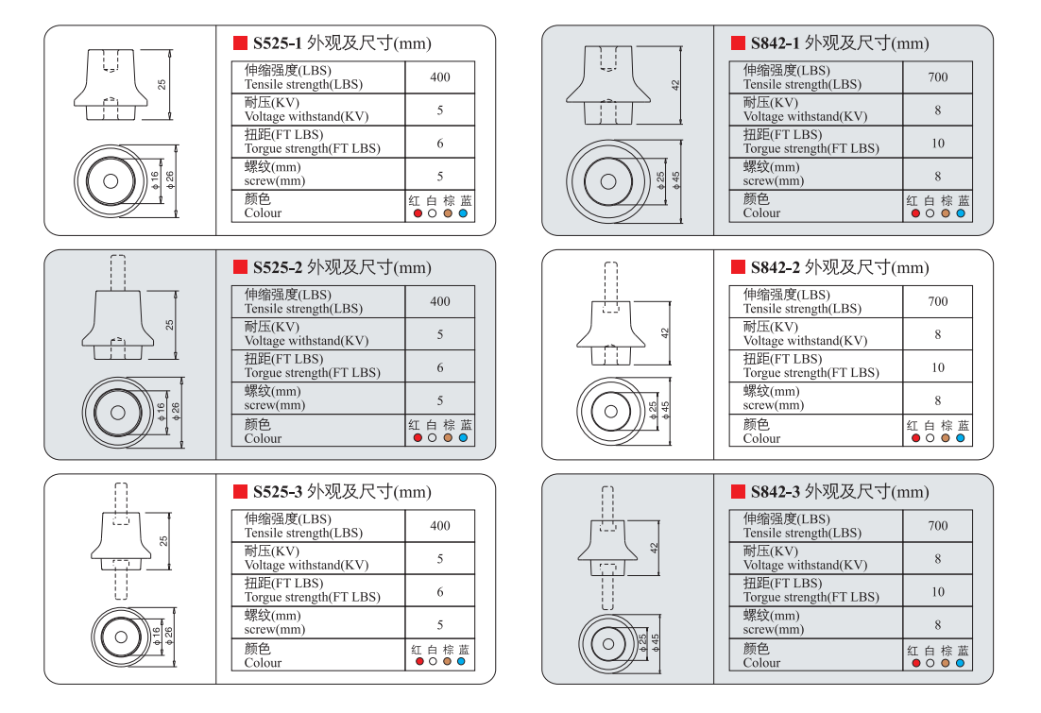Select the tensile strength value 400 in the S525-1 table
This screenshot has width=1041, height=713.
click(x=440, y=77)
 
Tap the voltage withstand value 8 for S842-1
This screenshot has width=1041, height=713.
click(x=937, y=110)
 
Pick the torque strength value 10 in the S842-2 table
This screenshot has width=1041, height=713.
click(x=937, y=367)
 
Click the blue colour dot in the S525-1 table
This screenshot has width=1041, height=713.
click(x=463, y=213)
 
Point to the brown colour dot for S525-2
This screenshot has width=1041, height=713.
click(x=448, y=438)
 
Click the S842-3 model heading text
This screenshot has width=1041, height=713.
click(x=775, y=492)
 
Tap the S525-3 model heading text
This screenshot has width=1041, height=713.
click(x=277, y=492)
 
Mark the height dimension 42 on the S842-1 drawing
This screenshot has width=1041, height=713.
click(x=675, y=84)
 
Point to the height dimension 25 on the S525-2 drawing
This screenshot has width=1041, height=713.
click(x=170, y=324)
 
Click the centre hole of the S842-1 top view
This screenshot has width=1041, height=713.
click(x=608, y=181)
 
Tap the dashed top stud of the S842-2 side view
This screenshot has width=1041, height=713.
click(x=610, y=281)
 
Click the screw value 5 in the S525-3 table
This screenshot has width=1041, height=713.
click(x=440, y=624)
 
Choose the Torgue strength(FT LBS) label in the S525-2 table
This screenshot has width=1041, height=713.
click(x=312, y=373)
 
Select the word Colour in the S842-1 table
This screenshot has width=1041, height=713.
click(x=761, y=213)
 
